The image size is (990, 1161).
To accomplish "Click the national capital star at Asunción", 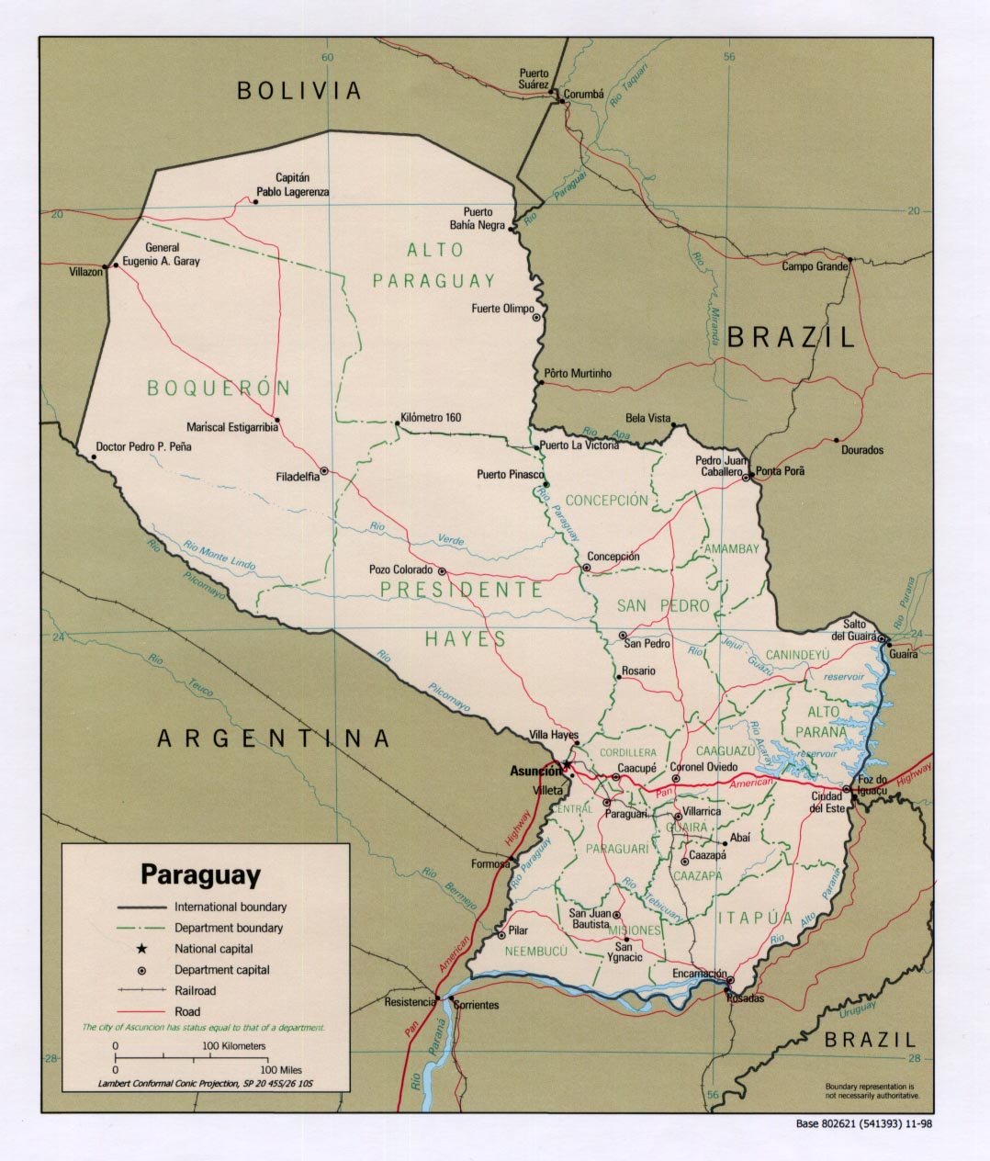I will point(567,764).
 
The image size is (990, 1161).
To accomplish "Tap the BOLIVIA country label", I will point(299,90).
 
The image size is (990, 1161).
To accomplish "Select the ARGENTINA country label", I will point(274,738).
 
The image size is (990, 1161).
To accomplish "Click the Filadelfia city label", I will point(298,477).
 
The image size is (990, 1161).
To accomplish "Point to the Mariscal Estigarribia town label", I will point(231,427).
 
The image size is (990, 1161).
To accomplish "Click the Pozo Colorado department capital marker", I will point(442,570).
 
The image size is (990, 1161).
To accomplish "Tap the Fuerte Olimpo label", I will point(502,309).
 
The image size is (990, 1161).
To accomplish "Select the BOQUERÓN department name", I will point(219,389).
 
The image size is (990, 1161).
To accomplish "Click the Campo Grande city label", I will point(814,266).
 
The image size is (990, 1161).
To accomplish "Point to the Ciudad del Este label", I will point(827,802).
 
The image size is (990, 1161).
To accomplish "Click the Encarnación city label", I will point(699,975).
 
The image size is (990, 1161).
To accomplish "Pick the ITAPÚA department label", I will point(755,918).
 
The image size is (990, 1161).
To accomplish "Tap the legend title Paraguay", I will point(200,874).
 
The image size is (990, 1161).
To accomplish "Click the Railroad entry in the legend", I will point(195,991).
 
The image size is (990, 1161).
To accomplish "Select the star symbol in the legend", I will point(142,949).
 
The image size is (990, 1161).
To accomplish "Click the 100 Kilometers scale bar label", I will point(234,1046).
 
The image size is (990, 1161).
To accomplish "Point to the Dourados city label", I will point(861,450).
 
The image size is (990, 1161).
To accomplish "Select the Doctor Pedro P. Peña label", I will point(143,447).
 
